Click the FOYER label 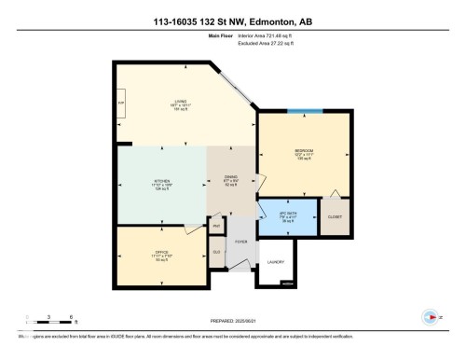240,241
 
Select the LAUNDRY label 275,262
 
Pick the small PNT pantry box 215,226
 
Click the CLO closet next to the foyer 216,252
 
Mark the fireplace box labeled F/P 121,103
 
